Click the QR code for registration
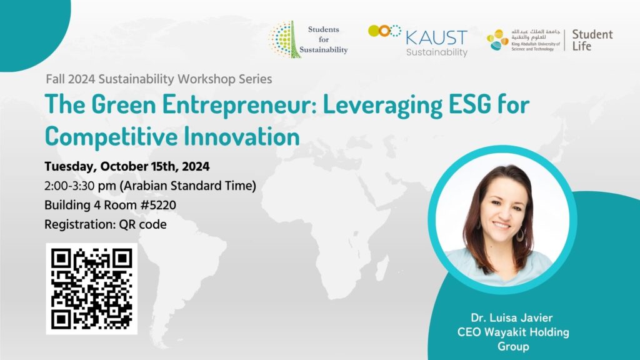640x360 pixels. (91, 289)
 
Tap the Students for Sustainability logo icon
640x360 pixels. (284, 39)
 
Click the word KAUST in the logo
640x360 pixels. (436, 38)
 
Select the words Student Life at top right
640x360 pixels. (592, 40)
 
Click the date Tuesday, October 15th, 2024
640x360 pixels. (127, 166)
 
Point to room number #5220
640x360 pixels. (158, 205)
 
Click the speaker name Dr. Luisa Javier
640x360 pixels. (511, 317)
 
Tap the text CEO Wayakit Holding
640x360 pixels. (513, 332)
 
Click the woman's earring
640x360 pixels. (521, 234)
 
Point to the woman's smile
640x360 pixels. (501, 225)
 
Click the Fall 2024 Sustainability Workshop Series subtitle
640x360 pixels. (159, 79)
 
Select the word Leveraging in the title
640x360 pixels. (382, 105)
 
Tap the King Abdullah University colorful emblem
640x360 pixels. (497, 40)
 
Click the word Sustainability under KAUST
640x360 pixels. (437, 52)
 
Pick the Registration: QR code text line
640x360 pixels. (105, 224)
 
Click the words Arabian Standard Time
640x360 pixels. (187, 186)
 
